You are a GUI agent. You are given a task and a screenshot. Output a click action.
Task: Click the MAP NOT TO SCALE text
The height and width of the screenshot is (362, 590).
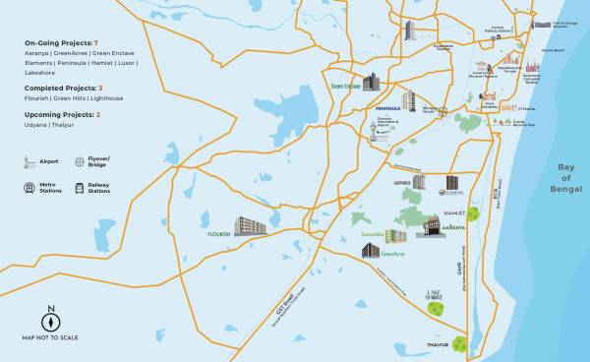(50, 338)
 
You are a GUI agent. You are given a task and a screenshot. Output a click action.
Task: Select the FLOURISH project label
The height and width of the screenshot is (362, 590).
(217, 235)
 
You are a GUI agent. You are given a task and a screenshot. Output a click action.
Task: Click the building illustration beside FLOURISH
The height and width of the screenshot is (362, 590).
(250, 226)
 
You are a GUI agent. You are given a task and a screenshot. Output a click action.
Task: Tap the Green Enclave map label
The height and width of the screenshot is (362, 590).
(345, 86)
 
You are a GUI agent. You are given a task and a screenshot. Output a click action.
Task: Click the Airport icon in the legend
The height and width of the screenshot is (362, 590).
(28, 159)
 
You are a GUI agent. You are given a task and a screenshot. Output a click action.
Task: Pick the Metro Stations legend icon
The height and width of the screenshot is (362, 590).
(28, 187)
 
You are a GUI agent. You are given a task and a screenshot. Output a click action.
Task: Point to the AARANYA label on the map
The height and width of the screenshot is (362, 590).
(453, 226)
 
